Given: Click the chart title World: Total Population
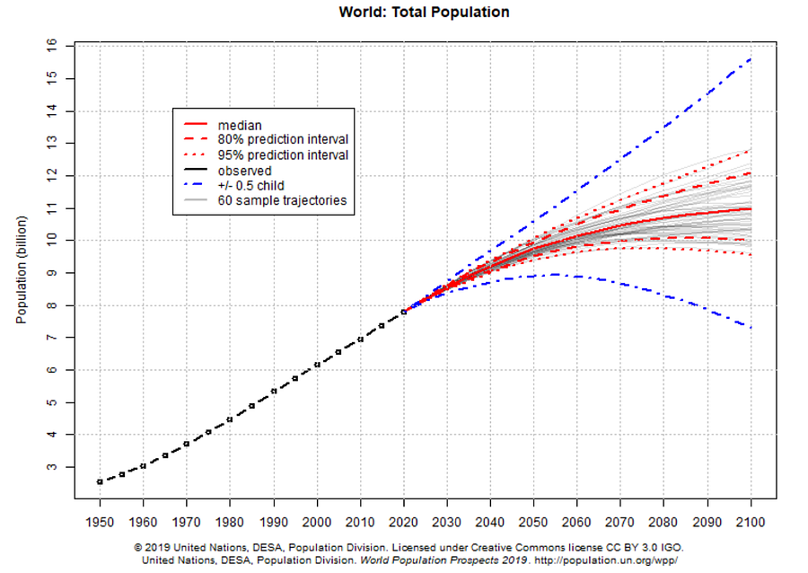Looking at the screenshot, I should click(x=424, y=13).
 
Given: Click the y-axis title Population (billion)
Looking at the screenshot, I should click(x=22, y=270).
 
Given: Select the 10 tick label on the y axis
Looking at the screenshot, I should click(x=52, y=240).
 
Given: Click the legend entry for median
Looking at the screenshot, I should click(x=233, y=125).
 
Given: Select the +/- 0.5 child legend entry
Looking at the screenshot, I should click(x=250, y=186).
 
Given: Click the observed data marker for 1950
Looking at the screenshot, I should click(x=99, y=482).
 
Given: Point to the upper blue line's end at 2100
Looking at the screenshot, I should click(x=751, y=58).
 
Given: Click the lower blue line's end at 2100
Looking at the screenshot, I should click(x=751, y=327).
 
